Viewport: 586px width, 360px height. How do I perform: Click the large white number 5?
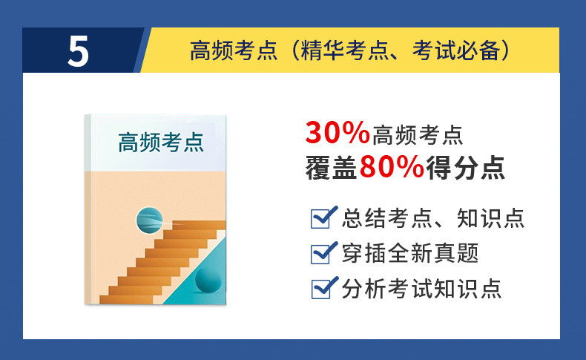[78, 51]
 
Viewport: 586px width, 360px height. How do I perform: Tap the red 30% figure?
[338, 133]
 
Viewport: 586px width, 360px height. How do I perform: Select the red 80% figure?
[392, 167]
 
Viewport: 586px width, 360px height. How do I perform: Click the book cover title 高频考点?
[161, 142]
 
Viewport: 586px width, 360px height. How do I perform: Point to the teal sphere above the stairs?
[150, 220]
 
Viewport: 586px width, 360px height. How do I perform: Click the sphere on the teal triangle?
[208, 280]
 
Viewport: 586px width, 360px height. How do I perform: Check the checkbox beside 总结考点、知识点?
[321, 218]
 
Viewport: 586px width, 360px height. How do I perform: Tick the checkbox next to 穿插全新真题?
[321, 253]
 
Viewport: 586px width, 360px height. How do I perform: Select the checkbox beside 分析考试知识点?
[321, 289]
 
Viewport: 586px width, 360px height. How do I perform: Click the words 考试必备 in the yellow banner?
[456, 50]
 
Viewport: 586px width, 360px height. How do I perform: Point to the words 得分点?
[466, 168]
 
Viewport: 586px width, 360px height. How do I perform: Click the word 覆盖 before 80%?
[331, 168]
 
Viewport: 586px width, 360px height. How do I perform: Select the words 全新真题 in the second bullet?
[433, 253]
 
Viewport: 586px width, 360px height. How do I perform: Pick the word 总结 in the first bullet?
[363, 218]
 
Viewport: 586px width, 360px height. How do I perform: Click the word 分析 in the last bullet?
[363, 289]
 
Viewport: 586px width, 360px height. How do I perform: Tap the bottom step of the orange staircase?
[126, 299]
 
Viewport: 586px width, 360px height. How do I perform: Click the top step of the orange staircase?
[199, 225]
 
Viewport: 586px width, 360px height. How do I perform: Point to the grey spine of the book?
[88, 209]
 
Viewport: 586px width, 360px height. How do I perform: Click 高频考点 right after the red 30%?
[418, 135]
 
